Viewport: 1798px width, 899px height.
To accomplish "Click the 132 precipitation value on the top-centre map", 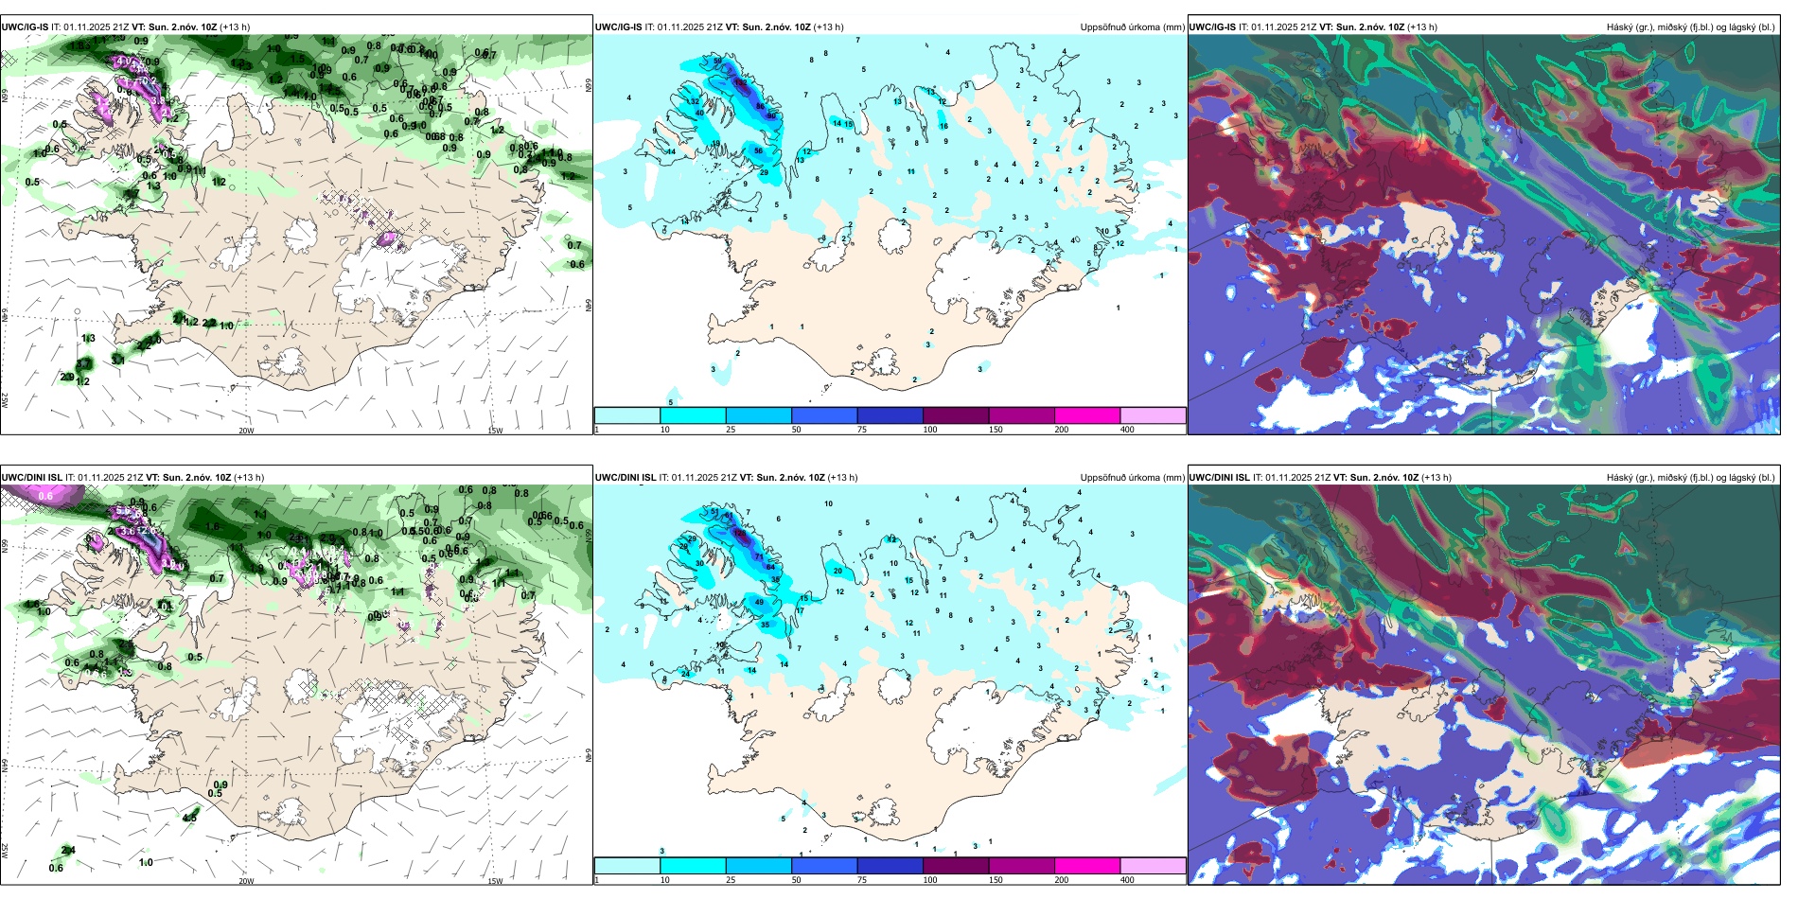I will pos(740,83).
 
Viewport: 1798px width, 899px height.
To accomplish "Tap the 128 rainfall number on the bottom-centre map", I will pos(740,534).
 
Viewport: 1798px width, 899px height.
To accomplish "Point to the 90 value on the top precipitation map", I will pos(772,115).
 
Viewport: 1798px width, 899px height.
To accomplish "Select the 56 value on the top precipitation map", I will pos(758,150).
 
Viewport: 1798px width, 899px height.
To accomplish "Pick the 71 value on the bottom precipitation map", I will pos(759,556).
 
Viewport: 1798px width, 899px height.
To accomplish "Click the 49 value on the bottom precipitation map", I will pos(759,602).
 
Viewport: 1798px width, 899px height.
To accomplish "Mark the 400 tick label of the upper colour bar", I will pos(1127,430).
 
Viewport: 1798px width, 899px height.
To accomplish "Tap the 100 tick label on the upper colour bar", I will pos(930,430).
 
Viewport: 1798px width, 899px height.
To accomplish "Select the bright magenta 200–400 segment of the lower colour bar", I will pos(1087,866).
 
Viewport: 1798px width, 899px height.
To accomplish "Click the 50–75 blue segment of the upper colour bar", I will pos(824,415).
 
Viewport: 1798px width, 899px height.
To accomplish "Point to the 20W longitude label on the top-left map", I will pos(246,431).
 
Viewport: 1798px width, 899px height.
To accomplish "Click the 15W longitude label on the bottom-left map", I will pos(495,881).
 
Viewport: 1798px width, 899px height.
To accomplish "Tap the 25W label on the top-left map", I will pos(5,400).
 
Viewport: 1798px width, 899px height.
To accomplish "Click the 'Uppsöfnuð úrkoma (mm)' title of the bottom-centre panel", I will pos(1132,478).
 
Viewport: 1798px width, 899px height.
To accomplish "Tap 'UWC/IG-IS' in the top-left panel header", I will pos(25,27).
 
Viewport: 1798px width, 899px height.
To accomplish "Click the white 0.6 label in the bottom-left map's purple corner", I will pos(45,496).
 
